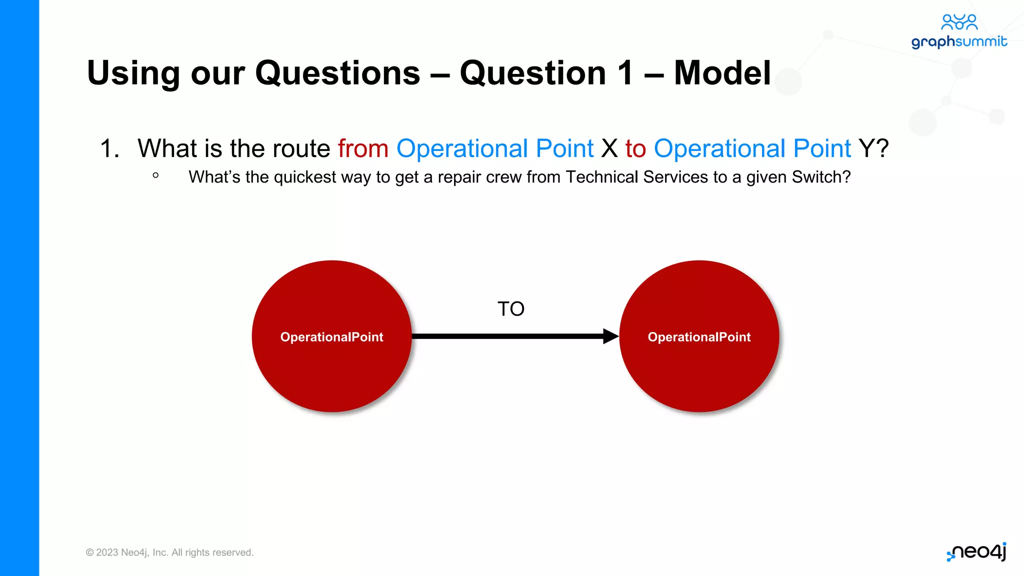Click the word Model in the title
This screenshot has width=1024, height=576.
pyautogui.click(x=722, y=73)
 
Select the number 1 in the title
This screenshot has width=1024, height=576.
pyautogui.click(x=625, y=73)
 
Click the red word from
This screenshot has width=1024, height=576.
pyautogui.click(x=363, y=148)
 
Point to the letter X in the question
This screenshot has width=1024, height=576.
pyautogui.click(x=609, y=148)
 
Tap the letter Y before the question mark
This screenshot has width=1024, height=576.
pyautogui.click(x=866, y=148)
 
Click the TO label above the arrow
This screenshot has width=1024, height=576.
pyautogui.click(x=510, y=309)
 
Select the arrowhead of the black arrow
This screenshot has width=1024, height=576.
pyautogui.click(x=610, y=336)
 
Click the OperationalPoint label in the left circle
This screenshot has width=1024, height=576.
pyautogui.click(x=331, y=337)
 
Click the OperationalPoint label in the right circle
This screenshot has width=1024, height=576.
pyautogui.click(x=699, y=337)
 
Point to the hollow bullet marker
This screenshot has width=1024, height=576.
pyautogui.click(x=155, y=175)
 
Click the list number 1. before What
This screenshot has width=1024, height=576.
pyautogui.click(x=109, y=148)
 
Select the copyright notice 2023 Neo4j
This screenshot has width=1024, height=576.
pyautogui.click(x=169, y=552)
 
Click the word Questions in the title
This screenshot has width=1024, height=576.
pyautogui.click(x=337, y=73)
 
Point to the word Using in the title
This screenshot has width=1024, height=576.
pyautogui.click(x=133, y=73)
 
